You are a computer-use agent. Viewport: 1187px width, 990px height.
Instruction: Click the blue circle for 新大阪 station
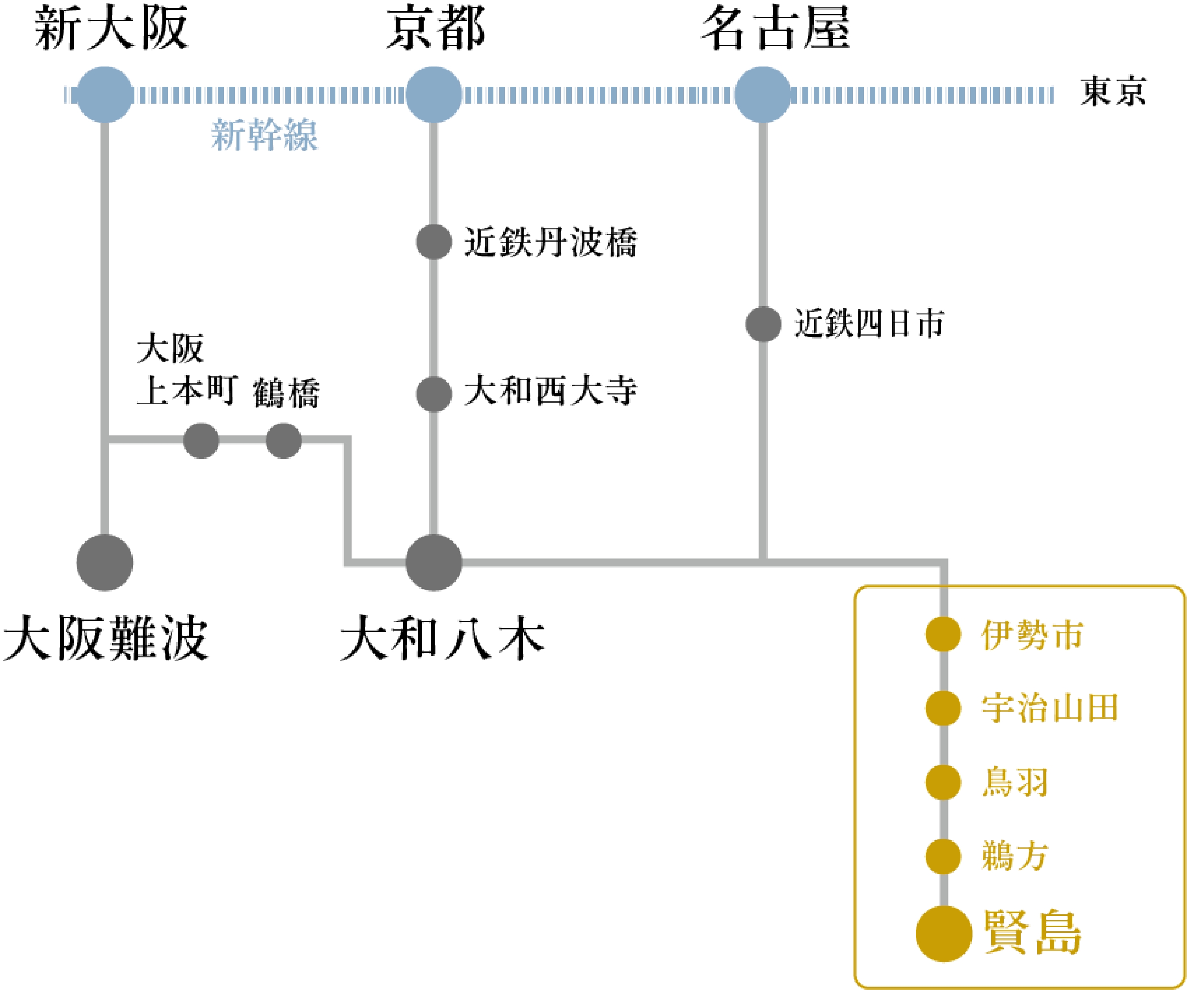click(104, 95)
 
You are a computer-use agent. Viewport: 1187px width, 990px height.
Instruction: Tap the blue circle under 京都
click(433, 95)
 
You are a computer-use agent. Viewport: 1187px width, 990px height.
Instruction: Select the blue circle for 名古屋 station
click(763, 95)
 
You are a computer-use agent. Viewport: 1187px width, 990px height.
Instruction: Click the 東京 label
click(1113, 91)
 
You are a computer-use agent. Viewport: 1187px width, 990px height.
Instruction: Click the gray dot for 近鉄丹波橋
click(433, 242)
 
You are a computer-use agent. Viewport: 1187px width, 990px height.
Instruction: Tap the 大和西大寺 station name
click(550, 390)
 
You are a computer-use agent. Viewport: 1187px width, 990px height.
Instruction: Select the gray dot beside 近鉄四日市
click(763, 324)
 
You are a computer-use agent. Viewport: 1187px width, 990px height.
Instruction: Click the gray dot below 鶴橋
click(283, 441)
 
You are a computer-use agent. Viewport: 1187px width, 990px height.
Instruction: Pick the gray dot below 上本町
click(201, 441)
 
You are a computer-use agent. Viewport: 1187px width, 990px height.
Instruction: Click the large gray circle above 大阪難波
click(104, 562)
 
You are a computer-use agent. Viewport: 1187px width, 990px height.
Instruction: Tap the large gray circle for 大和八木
click(433, 562)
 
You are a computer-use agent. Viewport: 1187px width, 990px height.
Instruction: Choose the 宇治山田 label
click(1049, 708)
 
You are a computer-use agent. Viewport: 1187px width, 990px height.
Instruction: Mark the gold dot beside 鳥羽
click(943, 782)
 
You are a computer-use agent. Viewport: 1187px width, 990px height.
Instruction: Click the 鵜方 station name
click(1015, 856)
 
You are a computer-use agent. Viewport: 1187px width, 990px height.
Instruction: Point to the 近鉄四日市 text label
click(869, 324)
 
